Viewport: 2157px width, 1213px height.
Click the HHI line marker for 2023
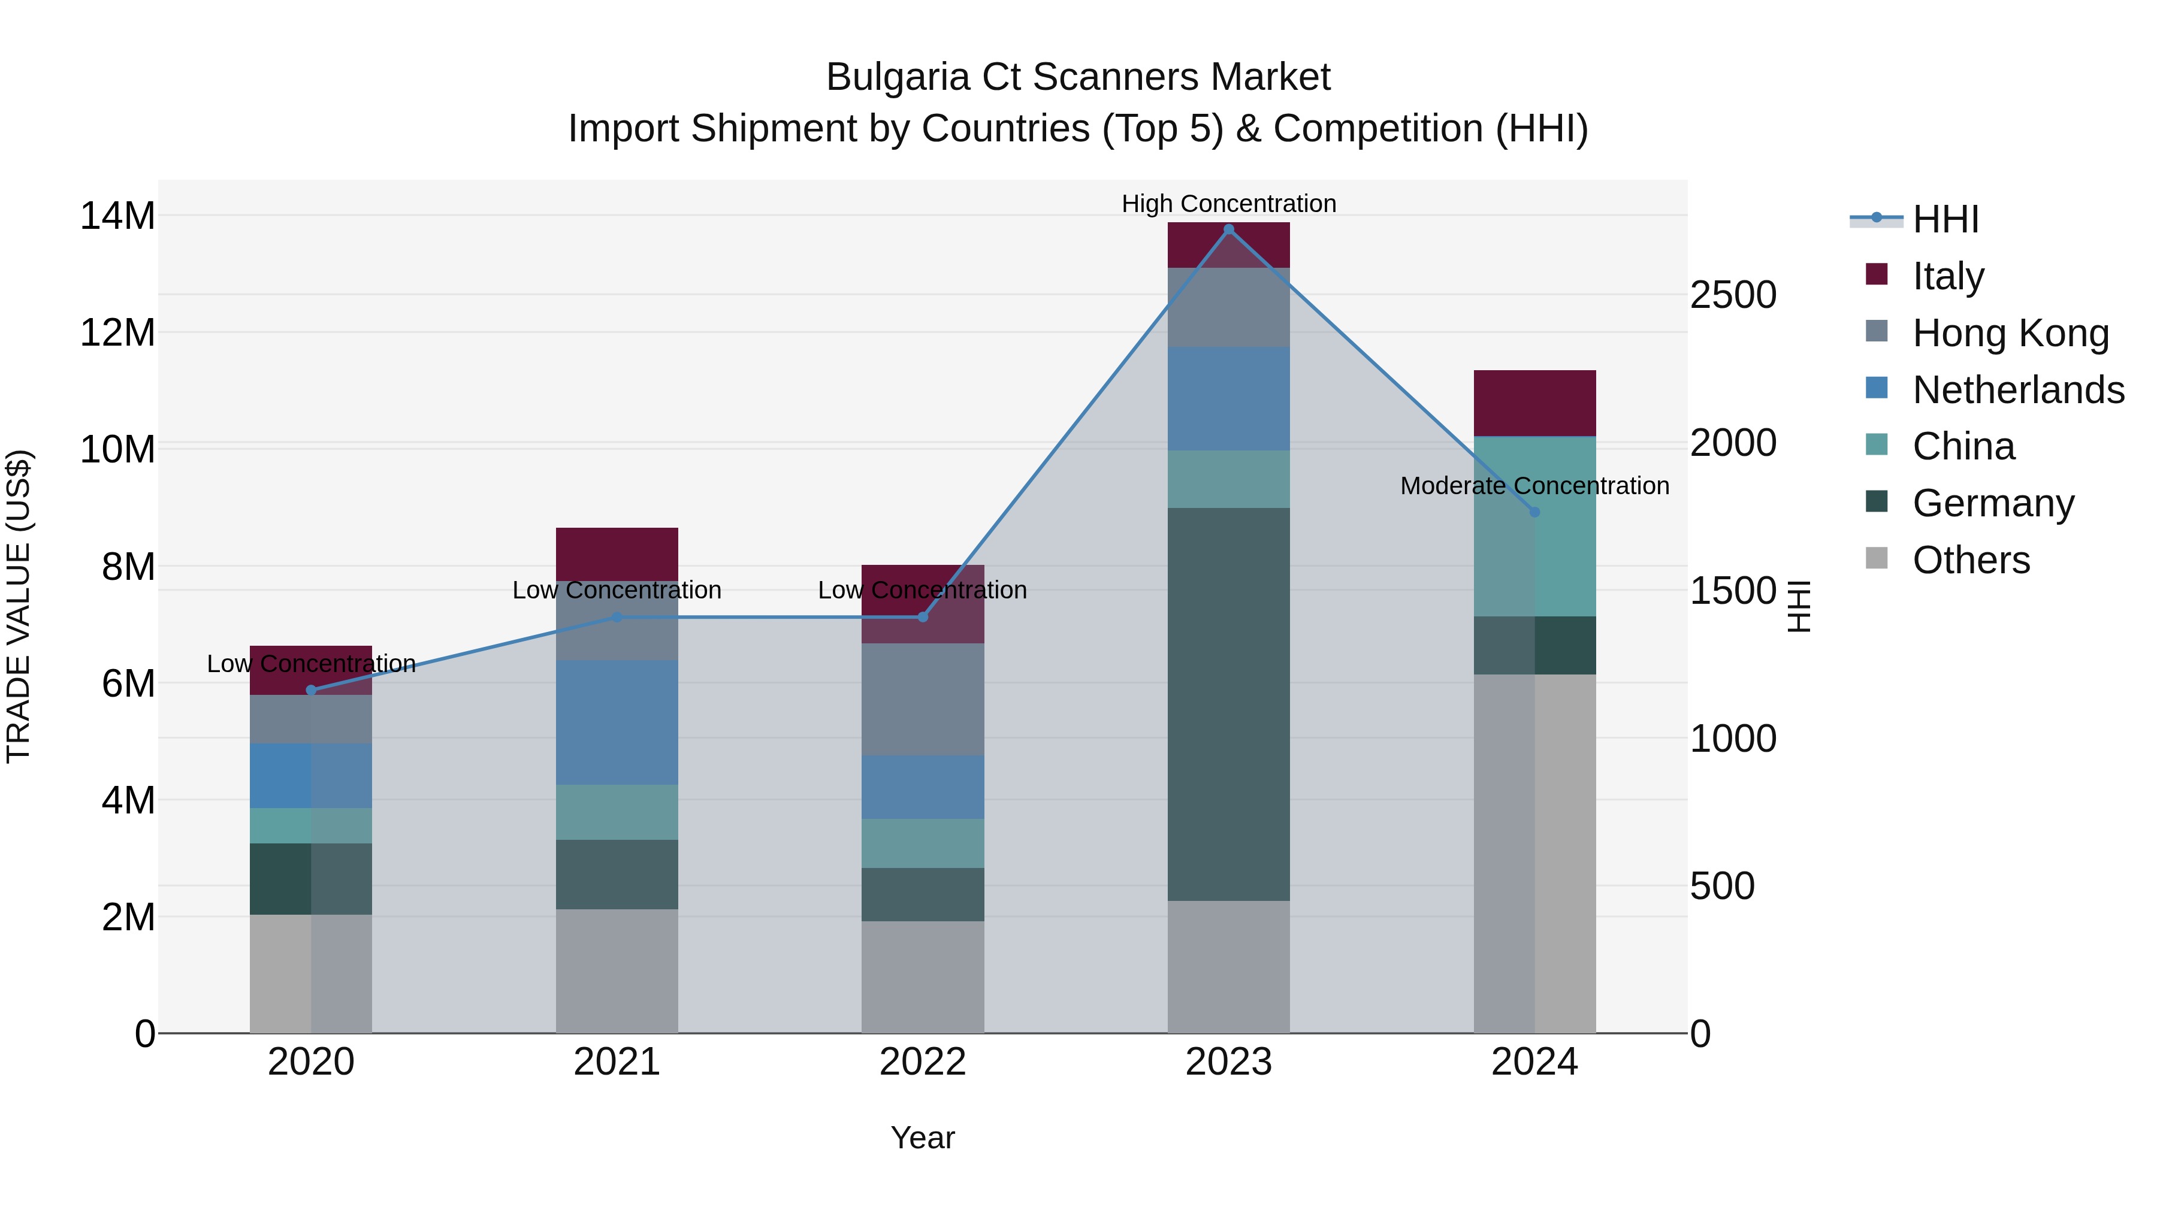coord(1228,229)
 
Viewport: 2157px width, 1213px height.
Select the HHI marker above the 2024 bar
coord(1534,512)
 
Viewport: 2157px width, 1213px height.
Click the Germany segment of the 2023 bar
coord(1228,703)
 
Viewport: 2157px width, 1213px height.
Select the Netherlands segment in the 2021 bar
coord(617,722)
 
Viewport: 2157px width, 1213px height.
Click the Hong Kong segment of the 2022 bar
coord(922,699)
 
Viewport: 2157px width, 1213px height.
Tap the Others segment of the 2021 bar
coord(617,971)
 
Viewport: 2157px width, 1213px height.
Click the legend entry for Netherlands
coord(2018,390)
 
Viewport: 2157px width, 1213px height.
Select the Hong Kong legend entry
coord(2010,333)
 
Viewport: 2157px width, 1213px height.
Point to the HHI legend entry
coord(1944,219)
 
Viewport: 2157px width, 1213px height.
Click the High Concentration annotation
coord(1228,204)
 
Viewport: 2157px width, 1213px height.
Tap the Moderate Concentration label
coord(1534,486)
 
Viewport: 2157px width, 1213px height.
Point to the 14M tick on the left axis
coord(117,216)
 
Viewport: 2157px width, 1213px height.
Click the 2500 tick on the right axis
coord(1732,295)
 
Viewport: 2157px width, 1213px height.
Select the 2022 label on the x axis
coord(922,1062)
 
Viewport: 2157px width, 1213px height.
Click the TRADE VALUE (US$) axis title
coord(19,606)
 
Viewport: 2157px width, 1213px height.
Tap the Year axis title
coord(922,1138)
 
